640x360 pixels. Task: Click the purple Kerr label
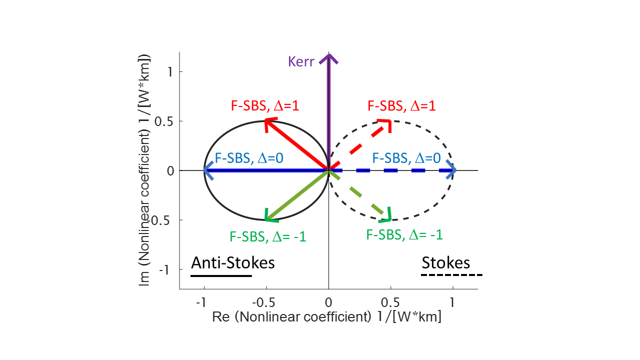[301, 61]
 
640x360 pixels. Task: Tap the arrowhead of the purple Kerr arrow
[329, 58]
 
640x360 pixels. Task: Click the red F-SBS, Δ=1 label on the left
[265, 105]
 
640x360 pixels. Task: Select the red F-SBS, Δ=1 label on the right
[401, 105]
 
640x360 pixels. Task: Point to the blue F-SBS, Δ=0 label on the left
[249, 158]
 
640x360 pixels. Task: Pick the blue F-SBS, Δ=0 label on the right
[406, 158]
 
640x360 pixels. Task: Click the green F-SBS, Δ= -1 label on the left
[268, 236]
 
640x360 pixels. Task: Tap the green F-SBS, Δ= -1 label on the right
[404, 235]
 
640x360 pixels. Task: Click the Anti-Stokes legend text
[233, 262]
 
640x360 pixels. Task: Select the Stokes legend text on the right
[445, 262]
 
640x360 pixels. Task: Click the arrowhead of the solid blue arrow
[207, 170]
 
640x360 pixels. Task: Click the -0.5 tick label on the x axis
[263, 302]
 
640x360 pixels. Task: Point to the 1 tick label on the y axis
[170, 71]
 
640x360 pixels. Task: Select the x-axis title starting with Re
[326, 316]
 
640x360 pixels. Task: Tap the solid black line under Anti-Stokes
[221, 276]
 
